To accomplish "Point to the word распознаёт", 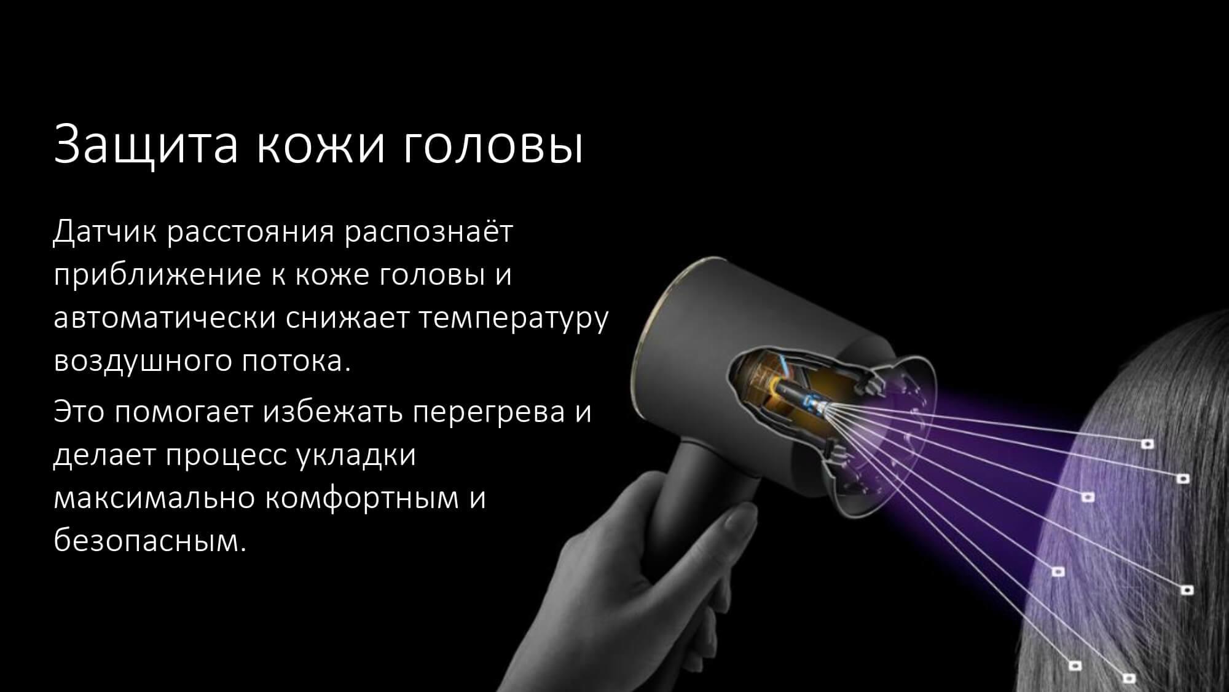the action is tap(428, 233).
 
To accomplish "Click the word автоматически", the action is tap(165, 317).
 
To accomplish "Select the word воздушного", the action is tap(142, 361).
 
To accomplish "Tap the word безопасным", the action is tap(150, 540).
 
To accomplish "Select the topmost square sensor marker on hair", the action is tap(1147, 443).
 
